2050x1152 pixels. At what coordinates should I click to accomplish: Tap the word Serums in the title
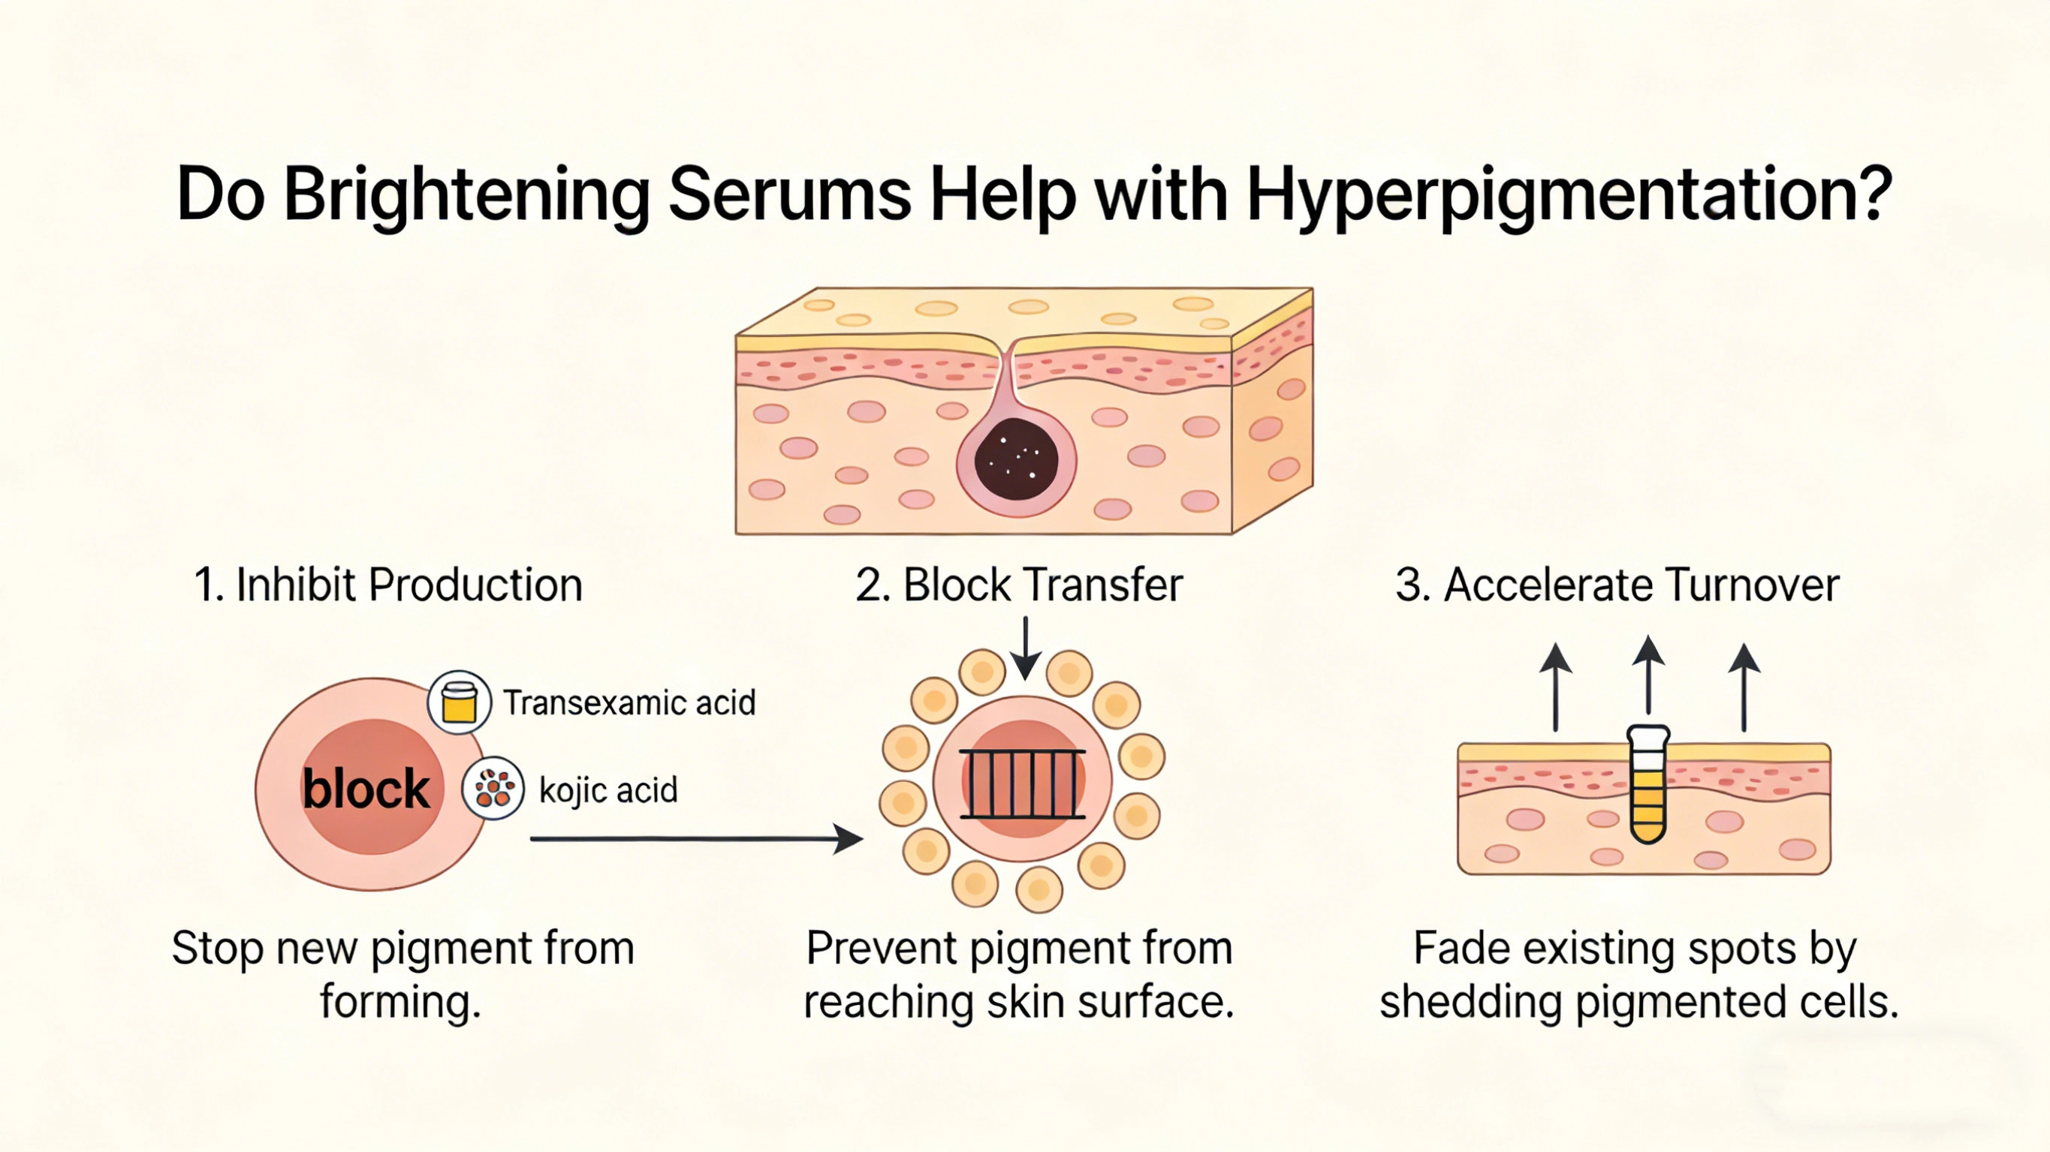(x=789, y=195)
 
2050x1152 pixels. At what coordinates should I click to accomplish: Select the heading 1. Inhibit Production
(x=388, y=585)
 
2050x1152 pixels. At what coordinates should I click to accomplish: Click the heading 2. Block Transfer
(x=1019, y=585)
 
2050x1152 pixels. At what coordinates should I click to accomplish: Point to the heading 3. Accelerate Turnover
(x=1617, y=585)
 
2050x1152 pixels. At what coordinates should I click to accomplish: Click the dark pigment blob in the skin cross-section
(x=1016, y=459)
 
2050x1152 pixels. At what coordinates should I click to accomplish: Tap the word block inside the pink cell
(x=366, y=790)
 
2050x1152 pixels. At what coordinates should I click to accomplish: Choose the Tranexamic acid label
(x=629, y=703)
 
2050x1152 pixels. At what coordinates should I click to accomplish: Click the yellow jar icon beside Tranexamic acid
(x=459, y=702)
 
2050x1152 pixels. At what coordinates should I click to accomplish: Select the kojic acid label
(x=608, y=790)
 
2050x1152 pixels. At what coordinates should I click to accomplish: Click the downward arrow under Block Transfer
(x=1026, y=648)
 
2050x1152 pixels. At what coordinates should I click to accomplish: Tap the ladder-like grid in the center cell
(x=1023, y=784)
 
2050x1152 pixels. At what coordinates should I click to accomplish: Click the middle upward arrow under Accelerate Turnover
(x=1648, y=676)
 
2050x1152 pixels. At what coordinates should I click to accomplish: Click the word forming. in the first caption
(x=400, y=1002)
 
